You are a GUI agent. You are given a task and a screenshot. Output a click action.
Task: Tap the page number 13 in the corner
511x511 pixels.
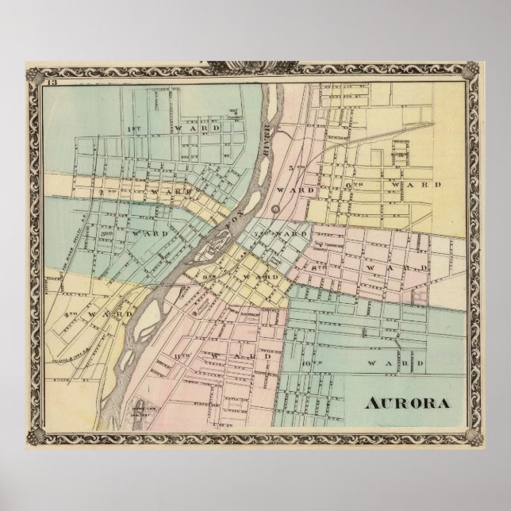pyautogui.click(x=52, y=83)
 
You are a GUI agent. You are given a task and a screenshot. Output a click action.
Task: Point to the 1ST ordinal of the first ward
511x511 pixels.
pyautogui.click(x=133, y=128)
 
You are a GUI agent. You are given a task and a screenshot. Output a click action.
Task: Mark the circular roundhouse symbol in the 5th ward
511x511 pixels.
pyautogui.click(x=275, y=209)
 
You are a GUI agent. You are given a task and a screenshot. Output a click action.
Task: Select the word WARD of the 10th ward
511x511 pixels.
pyautogui.click(x=393, y=363)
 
